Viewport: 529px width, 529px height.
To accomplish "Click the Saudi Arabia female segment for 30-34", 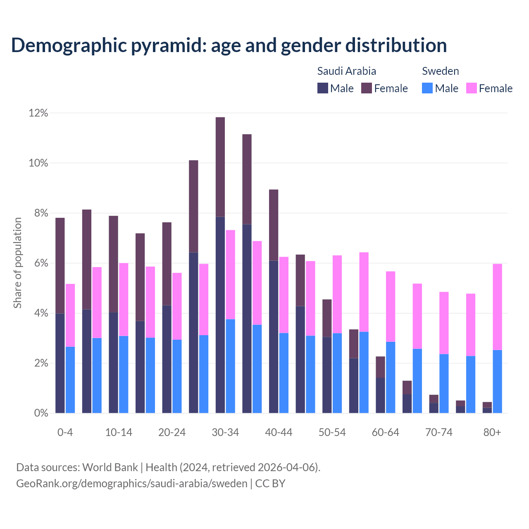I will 220,167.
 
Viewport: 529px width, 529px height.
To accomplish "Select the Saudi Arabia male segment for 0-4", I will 60,363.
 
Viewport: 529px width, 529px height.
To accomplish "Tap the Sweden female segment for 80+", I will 498,307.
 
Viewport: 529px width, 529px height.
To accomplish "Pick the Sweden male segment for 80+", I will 498,381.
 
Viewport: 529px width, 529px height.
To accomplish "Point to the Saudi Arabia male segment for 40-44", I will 274,336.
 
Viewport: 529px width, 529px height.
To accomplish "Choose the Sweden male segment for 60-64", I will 391,377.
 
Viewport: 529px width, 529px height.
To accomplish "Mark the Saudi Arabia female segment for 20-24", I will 167,264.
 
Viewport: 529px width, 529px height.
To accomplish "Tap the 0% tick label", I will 41,413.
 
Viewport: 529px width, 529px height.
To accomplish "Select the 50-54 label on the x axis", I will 332,432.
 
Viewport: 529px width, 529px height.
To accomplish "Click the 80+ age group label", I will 492,432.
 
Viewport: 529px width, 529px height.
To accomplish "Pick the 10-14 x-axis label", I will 119,432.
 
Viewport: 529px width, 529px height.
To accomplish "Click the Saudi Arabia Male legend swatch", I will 322,88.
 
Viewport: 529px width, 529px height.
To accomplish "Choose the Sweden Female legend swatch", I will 471,88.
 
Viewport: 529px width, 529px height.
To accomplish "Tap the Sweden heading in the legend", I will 440,71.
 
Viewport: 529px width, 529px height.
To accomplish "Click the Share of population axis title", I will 18,263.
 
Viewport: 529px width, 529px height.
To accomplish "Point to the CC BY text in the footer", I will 270,483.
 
